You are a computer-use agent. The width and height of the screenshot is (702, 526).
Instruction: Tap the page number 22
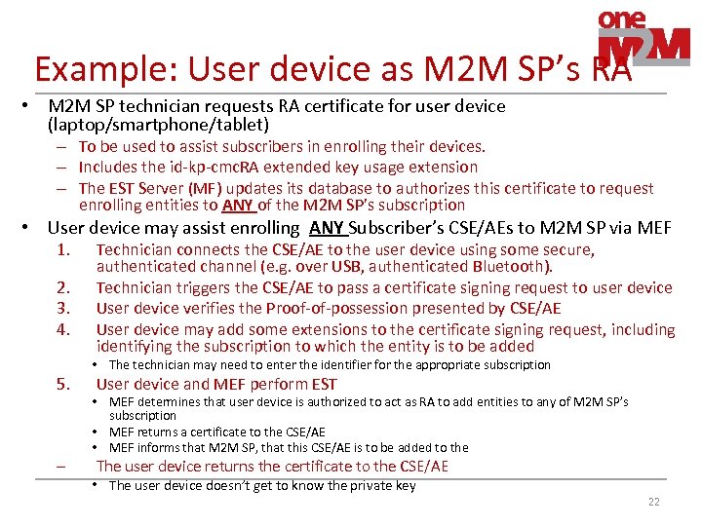(652, 501)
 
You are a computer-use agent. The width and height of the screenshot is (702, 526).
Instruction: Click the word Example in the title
(93, 68)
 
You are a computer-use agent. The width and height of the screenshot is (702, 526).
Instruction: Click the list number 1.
(64, 249)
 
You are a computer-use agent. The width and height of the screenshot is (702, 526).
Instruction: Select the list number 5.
(64, 384)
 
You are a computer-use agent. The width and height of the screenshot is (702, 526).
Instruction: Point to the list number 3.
(64, 309)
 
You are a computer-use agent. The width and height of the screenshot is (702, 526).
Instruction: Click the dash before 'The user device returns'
(61, 467)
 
